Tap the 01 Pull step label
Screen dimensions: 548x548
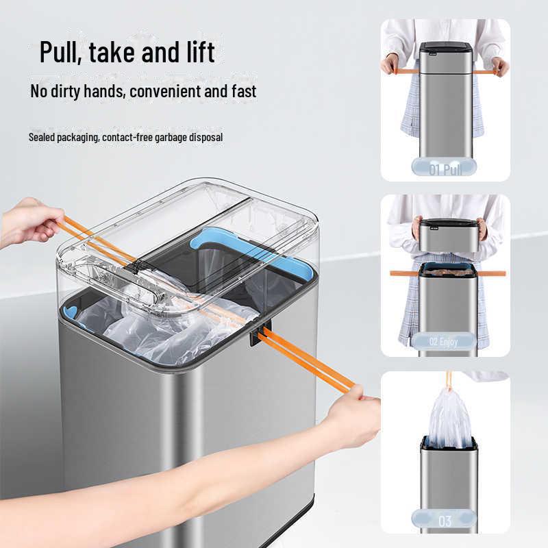[x=445, y=169]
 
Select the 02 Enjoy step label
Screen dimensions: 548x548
[x=443, y=341]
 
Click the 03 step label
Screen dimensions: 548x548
[x=445, y=521]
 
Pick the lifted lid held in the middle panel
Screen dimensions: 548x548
[x=445, y=235]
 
